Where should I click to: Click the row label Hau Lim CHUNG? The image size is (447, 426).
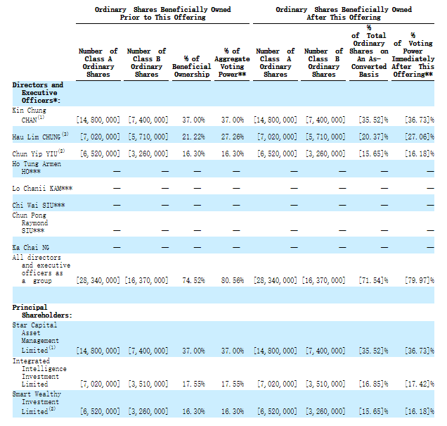(x=40, y=136)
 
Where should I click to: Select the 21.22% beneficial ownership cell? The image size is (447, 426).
(x=193, y=137)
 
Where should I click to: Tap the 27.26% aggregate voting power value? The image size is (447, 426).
(x=233, y=137)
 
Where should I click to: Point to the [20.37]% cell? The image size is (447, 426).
(x=373, y=137)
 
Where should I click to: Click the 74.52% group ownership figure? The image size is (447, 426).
(x=193, y=280)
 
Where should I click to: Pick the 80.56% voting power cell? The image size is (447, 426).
(x=233, y=280)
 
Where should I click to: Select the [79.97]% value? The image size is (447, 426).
(x=420, y=280)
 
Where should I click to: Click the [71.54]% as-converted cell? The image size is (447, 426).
(x=373, y=280)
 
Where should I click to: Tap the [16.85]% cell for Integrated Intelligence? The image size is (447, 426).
(x=373, y=384)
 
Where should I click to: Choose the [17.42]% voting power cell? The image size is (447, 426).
(x=420, y=384)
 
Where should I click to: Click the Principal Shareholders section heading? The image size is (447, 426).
(x=42, y=311)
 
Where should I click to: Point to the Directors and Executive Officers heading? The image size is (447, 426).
(x=38, y=93)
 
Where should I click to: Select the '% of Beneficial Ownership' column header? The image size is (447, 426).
(x=192, y=66)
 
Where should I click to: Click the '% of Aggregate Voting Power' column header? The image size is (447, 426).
(x=232, y=63)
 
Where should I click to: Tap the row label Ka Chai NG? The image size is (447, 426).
(x=30, y=248)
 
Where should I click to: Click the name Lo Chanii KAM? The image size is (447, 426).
(x=42, y=189)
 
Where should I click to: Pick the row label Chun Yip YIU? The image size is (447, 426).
(x=39, y=154)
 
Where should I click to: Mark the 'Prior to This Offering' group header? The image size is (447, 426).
(x=163, y=13)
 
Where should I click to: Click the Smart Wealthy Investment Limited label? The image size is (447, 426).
(x=37, y=403)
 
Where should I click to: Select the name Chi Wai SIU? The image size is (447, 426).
(x=39, y=206)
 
